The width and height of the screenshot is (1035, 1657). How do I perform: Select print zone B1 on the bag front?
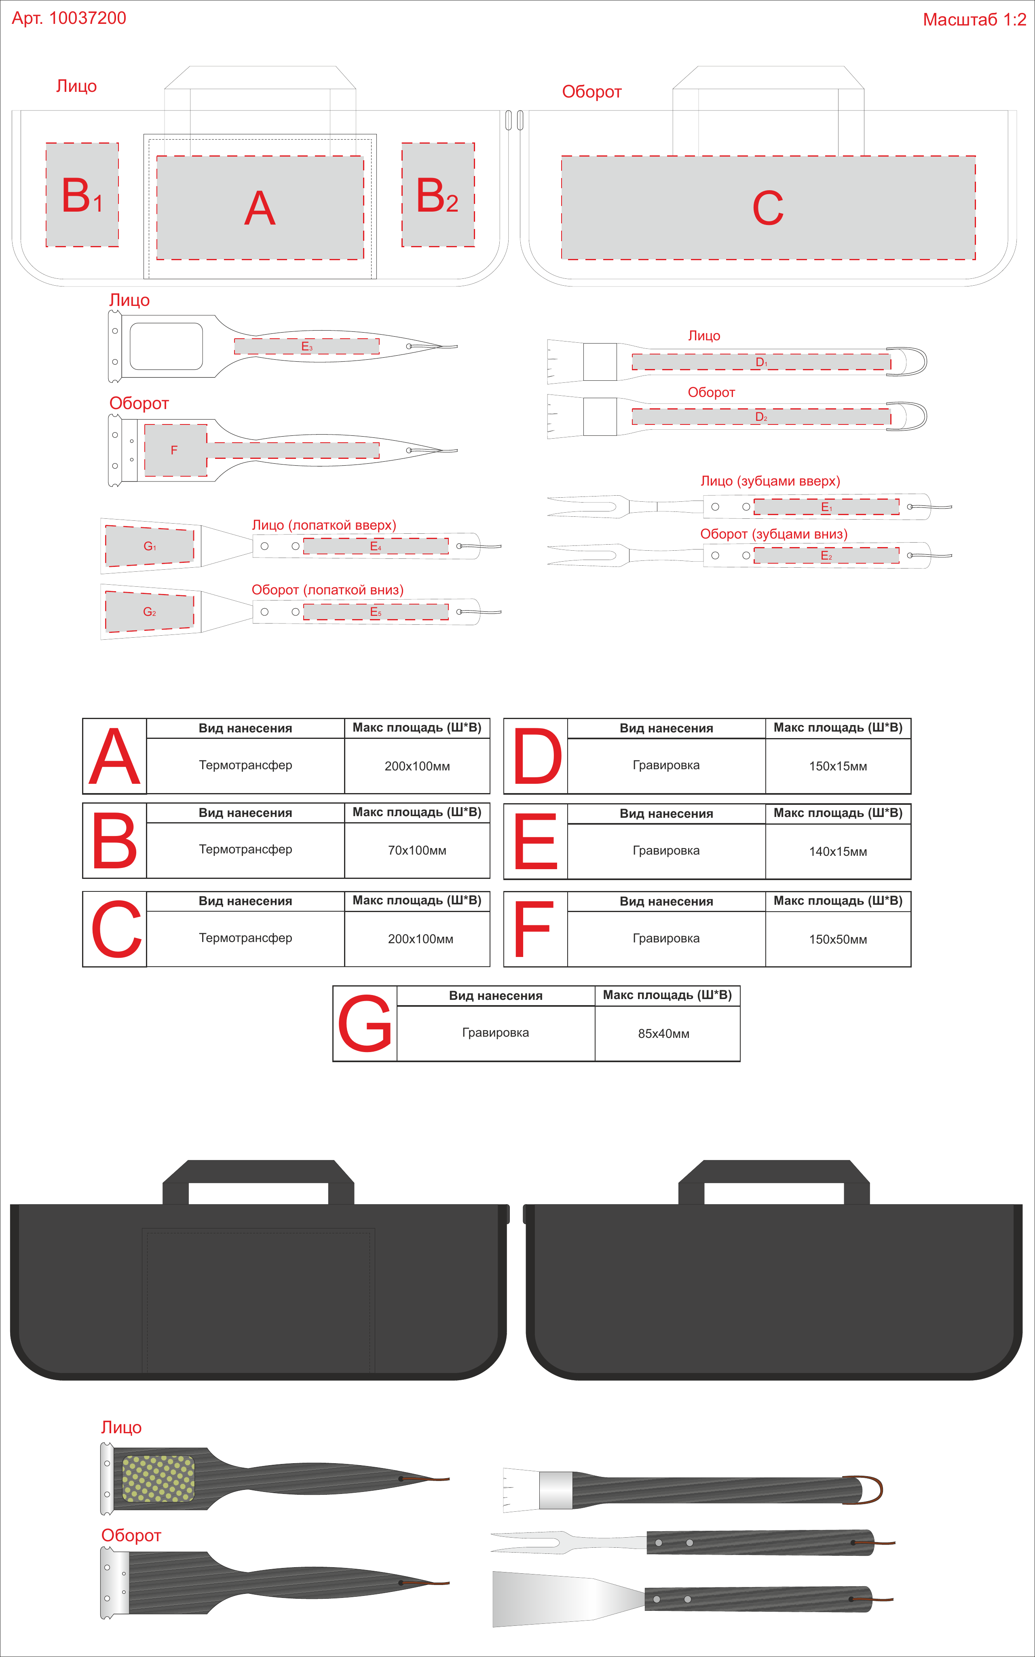pos(82,195)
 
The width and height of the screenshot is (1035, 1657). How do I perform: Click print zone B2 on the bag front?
pos(438,195)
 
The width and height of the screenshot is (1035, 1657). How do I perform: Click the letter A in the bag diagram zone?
pos(260,208)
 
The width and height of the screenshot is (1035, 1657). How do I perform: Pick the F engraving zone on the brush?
pos(176,450)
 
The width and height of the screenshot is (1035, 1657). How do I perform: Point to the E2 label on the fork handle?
pos(826,556)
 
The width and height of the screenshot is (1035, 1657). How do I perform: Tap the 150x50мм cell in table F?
pos(838,939)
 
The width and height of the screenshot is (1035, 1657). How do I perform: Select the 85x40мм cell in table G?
pos(664,1034)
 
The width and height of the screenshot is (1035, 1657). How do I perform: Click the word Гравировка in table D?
pos(666,765)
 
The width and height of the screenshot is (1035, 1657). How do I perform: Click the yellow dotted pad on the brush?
pos(158,1478)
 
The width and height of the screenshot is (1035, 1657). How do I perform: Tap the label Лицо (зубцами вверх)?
pos(770,481)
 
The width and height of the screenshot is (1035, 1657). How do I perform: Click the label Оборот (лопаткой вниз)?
pos(327,590)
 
